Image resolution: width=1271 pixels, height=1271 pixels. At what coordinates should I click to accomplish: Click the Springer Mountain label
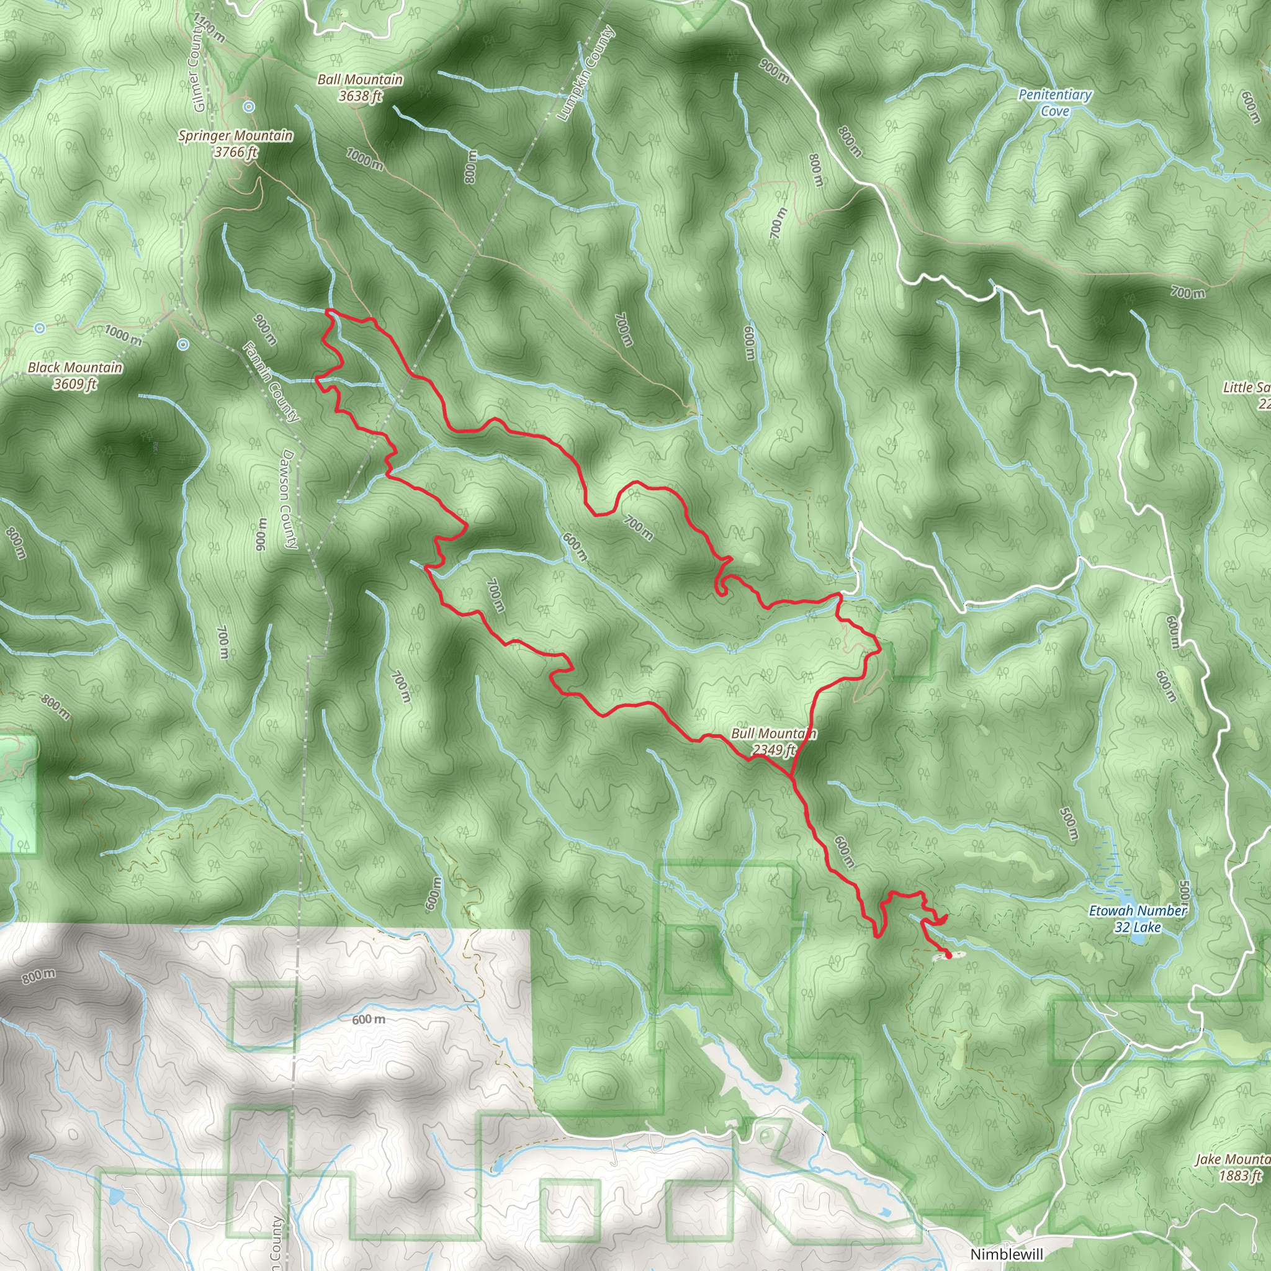(x=235, y=135)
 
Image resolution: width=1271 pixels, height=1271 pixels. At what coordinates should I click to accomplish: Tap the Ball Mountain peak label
(x=360, y=79)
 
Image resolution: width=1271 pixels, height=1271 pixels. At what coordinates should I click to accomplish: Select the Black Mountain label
(x=74, y=368)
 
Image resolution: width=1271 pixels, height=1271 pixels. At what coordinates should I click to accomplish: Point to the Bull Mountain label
(x=773, y=734)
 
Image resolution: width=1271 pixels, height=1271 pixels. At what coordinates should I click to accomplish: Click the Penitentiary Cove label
(x=1054, y=102)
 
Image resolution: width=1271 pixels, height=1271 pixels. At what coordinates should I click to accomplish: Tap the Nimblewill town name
(x=1006, y=1254)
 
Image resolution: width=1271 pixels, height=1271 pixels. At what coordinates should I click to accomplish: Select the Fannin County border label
(x=271, y=382)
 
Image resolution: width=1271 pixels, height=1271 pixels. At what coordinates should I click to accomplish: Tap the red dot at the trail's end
(x=948, y=955)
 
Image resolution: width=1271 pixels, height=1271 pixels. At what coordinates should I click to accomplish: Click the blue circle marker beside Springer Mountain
(x=249, y=107)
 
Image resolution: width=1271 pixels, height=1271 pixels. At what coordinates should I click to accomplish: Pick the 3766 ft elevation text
(x=235, y=153)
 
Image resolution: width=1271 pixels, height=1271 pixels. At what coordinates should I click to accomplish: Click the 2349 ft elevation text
(x=774, y=750)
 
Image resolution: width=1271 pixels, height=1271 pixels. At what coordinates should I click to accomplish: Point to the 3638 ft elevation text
(x=360, y=97)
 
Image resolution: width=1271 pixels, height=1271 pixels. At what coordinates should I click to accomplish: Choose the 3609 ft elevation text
(x=74, y=384)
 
